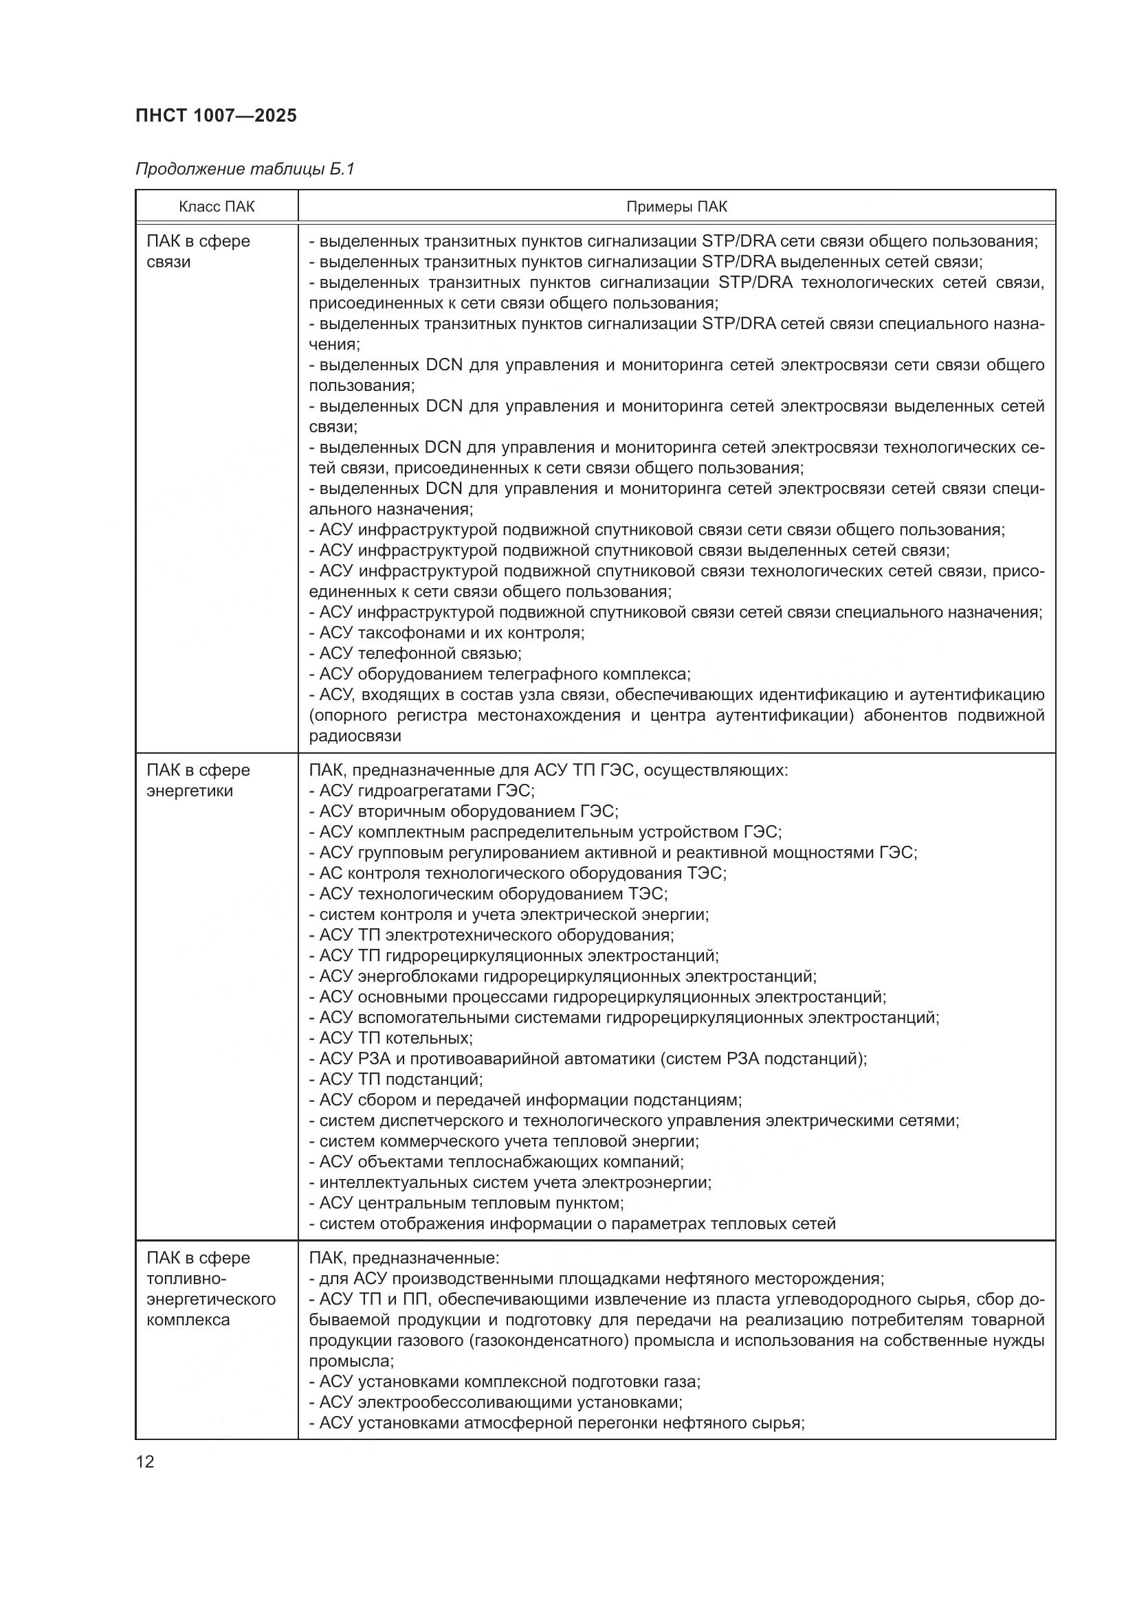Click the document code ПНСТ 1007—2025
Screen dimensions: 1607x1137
[x=216, y=115]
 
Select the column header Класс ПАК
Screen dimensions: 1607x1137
[x=217, y=207]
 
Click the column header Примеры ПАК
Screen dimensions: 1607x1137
[x=676, y=207]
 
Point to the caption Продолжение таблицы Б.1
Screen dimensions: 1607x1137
[x=245, y=169]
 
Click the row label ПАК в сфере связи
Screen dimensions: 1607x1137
[x=198, y=251]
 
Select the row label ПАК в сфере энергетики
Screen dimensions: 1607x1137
[x=198, y=780]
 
